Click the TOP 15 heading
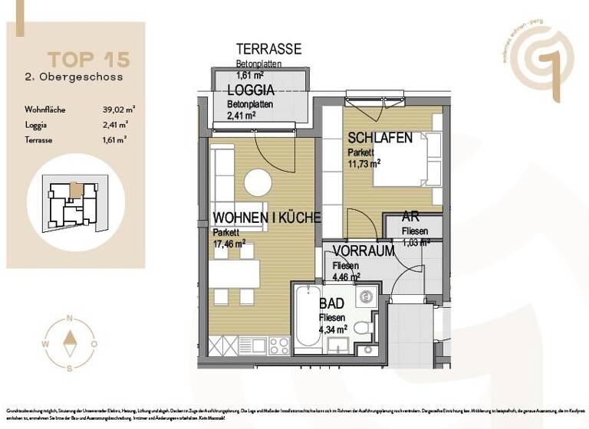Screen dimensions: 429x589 (x=88, y=59)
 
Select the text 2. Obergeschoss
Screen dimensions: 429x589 (x=74, y=77)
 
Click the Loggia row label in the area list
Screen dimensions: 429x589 (x=36, y=124)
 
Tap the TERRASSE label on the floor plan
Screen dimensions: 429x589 (x=268, y=49)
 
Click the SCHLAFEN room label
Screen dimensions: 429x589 (x=380, y=139)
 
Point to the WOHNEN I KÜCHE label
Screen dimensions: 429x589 (x=266, y=218)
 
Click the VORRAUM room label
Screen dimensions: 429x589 (x=364, y=251)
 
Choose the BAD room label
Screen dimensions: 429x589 (x=332, y=304)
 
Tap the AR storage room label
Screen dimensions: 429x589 (x=410, y=217)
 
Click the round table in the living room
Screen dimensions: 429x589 (x=258, y=182)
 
